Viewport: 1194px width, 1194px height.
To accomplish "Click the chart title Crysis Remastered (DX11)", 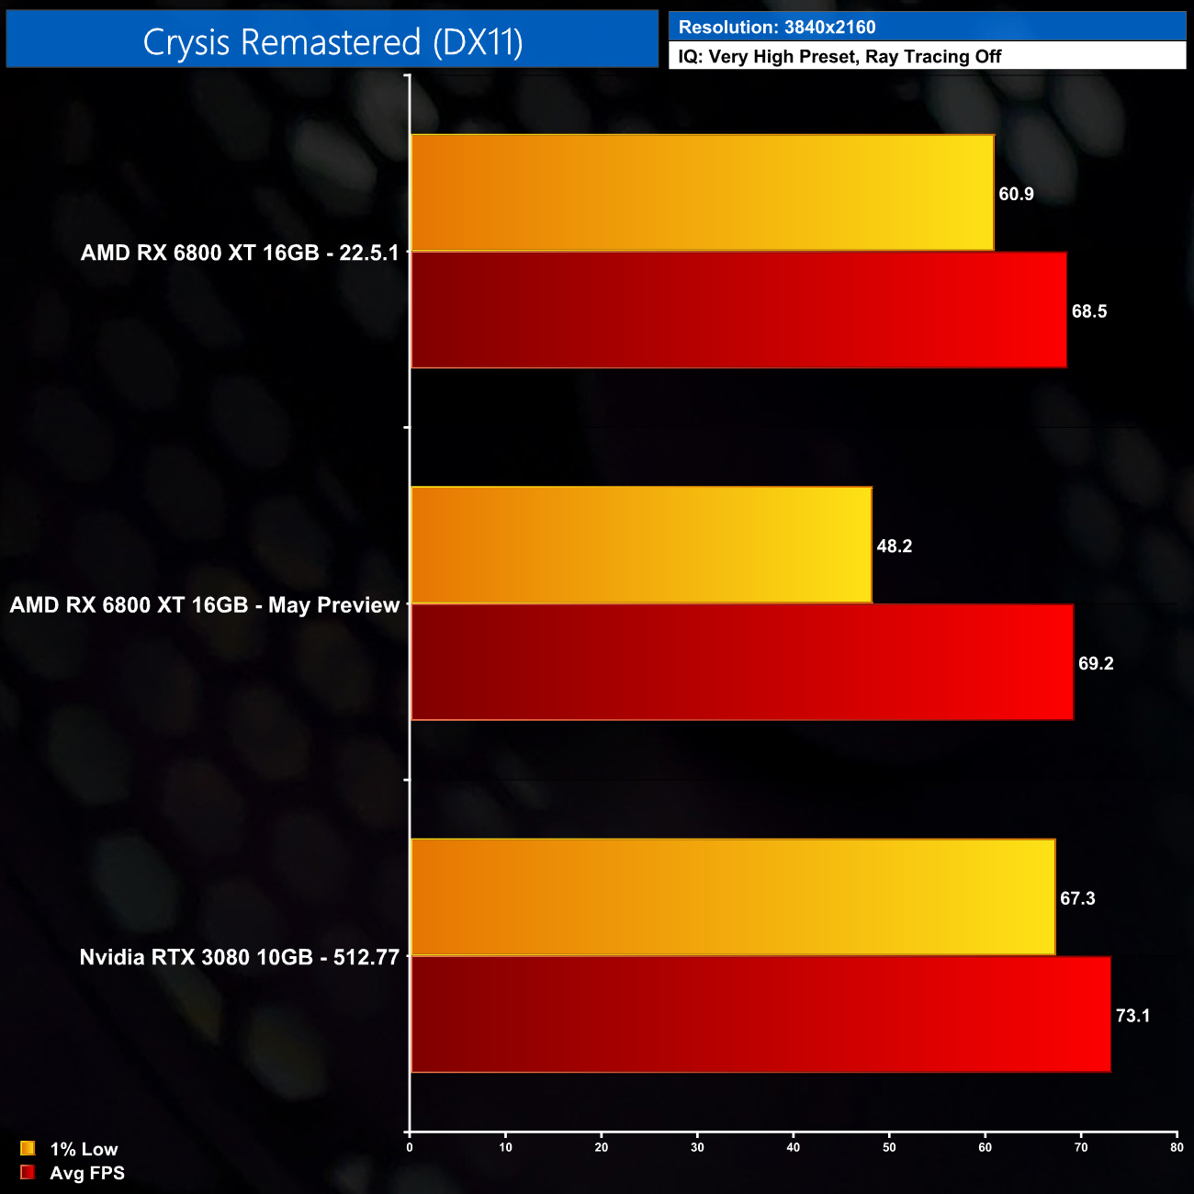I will pos(332,42).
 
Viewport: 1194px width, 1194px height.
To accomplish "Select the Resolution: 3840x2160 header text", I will pos(777,28).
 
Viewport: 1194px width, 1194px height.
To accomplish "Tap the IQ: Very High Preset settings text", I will pos(839,57).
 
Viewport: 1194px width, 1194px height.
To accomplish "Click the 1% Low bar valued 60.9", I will pos(703,193).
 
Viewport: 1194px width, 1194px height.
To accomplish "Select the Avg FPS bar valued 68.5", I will pos(738,310).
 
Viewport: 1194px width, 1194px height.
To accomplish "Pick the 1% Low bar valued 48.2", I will pos(641,546).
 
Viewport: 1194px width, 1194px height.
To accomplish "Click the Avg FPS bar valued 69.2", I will pos(742,662).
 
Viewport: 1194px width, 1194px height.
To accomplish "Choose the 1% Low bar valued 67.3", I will pos(733,897).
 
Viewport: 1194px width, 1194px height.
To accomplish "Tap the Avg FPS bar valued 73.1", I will pos(760,1014).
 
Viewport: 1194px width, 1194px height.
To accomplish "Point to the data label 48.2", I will pos(894,546).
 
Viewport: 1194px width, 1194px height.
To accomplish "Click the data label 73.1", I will pos(1132,1016).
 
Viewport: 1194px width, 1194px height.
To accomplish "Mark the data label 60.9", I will pos(1016,194).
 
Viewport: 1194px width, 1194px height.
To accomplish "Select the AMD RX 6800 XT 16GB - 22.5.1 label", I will pos(240,253).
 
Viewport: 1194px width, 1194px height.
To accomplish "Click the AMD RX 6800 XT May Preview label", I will pos(205,605).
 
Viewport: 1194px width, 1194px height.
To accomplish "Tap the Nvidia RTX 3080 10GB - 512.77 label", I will pos(240,957).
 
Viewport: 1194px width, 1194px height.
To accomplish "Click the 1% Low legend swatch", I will pos(28,1148).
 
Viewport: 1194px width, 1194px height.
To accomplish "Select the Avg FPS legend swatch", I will pos(28,1172).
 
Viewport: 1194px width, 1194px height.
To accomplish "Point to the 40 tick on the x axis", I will pos(794,1147).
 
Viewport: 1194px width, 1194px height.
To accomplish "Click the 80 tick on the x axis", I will pos(1177,1147).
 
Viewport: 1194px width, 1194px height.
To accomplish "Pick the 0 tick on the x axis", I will pos(410,1147).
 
